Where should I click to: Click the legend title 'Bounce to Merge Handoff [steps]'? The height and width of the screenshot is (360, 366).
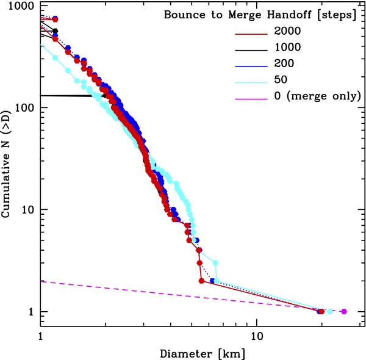tap(260, 15)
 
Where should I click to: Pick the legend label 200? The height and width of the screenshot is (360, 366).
tap(284, 63)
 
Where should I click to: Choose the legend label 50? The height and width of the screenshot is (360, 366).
tap(281, 79)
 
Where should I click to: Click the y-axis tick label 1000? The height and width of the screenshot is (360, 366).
tap(18, 6)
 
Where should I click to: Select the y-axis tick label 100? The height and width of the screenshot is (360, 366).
tap(22, 108)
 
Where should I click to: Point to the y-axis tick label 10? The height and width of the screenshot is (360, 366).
tap(26, 210)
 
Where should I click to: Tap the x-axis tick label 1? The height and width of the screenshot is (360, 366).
tap(40, 336)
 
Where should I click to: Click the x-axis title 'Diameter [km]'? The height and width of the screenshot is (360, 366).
tap(202, 352)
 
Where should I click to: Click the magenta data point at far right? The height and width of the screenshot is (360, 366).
tap(344, 311)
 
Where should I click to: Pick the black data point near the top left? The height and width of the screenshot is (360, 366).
tap(56, 31)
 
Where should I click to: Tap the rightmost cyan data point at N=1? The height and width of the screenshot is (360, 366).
tap(329, 311)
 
